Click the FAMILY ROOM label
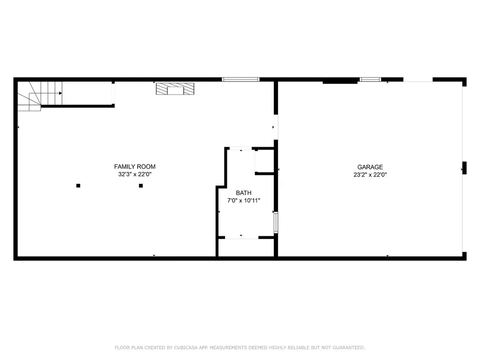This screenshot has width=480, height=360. (135, 166)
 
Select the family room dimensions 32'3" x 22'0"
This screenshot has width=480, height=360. (135, 174)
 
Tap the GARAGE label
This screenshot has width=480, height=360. (370, 167)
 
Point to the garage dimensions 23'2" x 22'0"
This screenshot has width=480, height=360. (370, 175)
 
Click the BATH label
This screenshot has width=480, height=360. (244, 193)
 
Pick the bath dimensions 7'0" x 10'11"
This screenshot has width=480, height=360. (244, 201)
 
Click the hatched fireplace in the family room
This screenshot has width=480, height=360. (175, 89)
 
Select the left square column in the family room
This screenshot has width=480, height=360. (78, 186)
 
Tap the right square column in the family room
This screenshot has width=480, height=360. (141, 186)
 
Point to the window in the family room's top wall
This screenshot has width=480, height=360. (240, 80)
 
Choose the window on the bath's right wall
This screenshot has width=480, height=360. (276, 223)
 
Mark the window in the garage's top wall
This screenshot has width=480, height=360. (370, 80)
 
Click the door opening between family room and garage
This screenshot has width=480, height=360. (276, 127)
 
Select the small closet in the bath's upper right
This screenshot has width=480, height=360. (264, 161)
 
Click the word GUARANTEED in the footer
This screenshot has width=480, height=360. (349, 347)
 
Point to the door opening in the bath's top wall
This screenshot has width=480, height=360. (241, 149)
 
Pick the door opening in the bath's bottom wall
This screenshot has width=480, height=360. (241, 237)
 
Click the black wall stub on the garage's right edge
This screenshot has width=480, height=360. (465, 168)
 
